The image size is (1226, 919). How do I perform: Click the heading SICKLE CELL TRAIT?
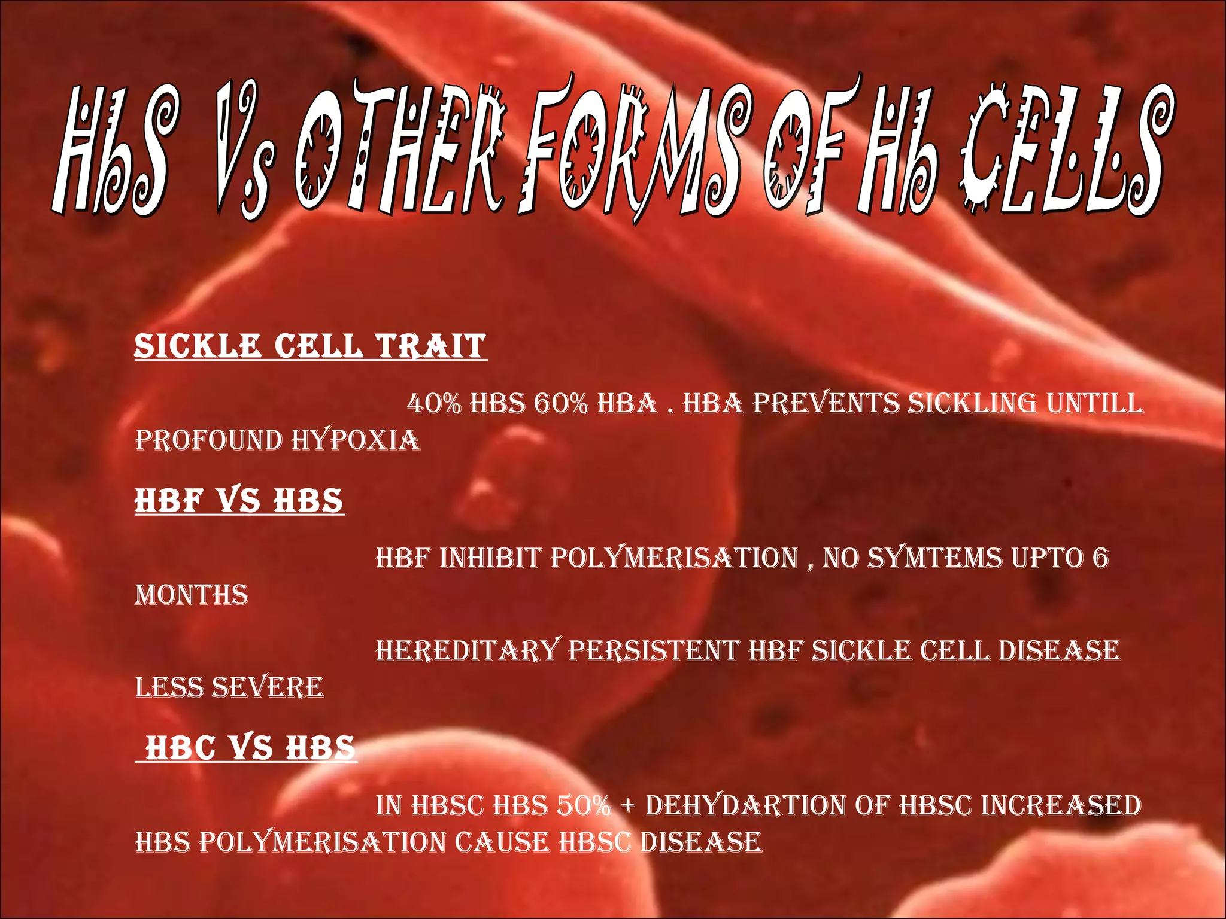point(310,347)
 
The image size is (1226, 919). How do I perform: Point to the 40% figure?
point(433,404)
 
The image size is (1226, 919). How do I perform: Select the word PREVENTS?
point(826,404)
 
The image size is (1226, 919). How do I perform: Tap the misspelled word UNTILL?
point(1095,404)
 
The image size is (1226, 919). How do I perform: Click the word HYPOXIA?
point(356,441)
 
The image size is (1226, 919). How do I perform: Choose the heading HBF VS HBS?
point(239,501)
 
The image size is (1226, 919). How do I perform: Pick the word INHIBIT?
point(491,558)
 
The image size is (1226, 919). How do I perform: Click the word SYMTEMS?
point(934,558)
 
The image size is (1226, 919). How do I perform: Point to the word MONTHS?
point(192,595)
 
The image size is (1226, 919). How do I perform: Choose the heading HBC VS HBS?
point(250,748)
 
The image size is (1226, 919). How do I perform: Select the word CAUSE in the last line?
point(502,842)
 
